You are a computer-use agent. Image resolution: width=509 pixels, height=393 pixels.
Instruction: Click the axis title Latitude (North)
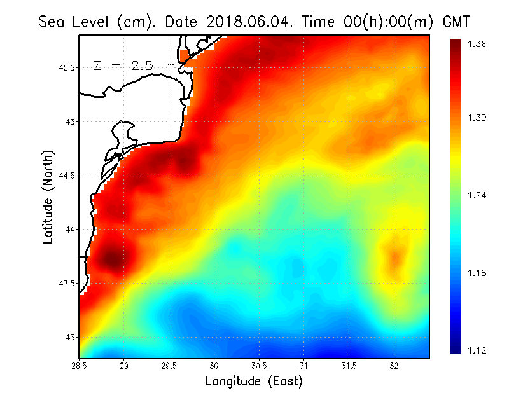[x=48, y=197]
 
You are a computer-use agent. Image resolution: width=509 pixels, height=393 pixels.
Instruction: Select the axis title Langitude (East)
[x=254, y=382]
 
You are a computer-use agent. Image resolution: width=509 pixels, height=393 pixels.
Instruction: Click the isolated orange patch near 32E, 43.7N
[x=396, y=258]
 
